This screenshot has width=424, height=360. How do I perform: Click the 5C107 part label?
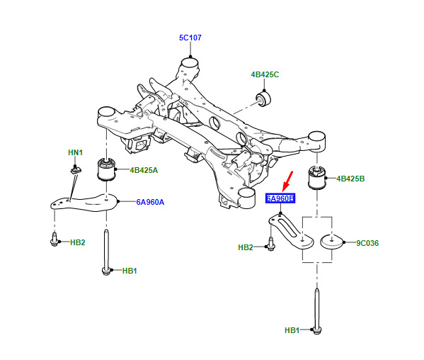point(190,38)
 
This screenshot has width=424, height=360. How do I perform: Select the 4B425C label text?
point(265,74)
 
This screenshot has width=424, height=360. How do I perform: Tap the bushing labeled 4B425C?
point(263,99)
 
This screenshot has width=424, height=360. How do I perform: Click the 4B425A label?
point(144,170)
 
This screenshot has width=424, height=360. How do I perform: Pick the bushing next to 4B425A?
point(106,169)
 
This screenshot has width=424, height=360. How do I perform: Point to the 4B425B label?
point(350,179)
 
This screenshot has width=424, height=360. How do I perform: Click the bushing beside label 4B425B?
point(317,178)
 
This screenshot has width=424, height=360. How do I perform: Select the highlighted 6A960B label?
point(280,198)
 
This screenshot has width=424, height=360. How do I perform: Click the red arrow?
point(287,181)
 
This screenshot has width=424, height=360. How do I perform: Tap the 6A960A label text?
point(150,202)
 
